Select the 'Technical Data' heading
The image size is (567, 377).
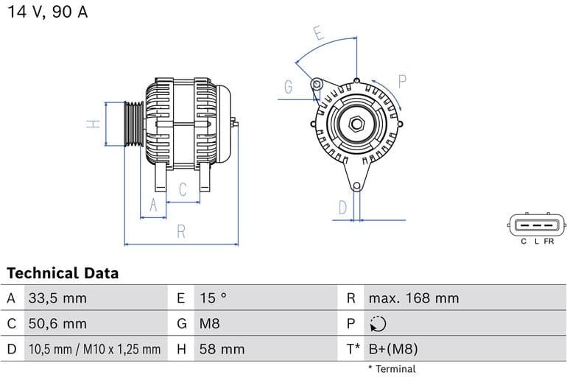click(63, 273)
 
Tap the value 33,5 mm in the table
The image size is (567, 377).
click(57, 298)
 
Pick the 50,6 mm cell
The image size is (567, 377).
click(57, 323)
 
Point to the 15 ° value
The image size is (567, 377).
click(213, 298)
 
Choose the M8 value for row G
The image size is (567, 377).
click(209, 323)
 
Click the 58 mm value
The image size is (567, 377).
click(222, 349)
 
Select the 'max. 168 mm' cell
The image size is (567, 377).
click(413, 298)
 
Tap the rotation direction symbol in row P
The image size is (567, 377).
click(378, 324)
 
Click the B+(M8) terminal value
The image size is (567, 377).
click(392, 349)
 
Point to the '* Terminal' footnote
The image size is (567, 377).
click(392, 369)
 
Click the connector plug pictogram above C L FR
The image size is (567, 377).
click(538, 225)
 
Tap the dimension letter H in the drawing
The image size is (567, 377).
click(93, 124)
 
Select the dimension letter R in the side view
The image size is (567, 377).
click(181, 232)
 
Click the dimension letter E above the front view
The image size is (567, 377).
click(318, 33)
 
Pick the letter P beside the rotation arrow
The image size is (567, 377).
click(402, 81)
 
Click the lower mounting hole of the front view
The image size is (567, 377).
click(358, 186)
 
